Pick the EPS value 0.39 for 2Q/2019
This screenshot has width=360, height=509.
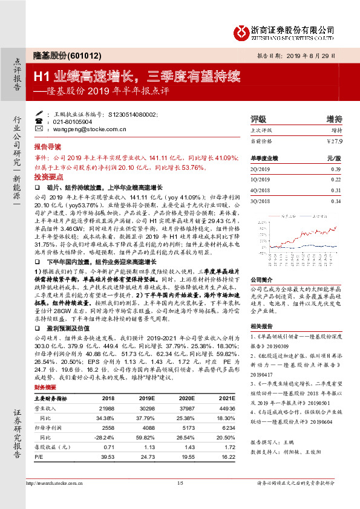click(x=336, y=170)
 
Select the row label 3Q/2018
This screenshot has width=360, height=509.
click(x=260, y=200)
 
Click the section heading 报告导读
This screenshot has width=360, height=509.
click(x=47, y=147)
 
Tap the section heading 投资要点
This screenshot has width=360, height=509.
click(x=47, y=175)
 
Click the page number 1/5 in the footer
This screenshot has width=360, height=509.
click(x=180, y=483)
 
